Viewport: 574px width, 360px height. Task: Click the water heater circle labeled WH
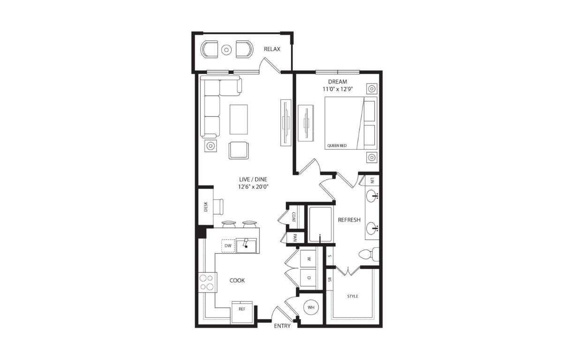(311, 307)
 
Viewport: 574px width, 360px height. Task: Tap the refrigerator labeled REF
(242, 312)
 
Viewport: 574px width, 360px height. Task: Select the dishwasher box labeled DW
(228, 246)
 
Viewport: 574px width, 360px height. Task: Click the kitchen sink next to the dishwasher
(246, 246)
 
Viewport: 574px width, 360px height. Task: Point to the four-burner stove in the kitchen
(208, 282)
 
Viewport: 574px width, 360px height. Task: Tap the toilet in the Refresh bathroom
(369, 254)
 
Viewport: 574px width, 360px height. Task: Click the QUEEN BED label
(337, 145)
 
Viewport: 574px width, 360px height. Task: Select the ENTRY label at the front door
(282, 326)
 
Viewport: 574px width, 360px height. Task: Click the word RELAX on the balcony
(272, 49)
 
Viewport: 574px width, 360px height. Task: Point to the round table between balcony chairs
(227, 50)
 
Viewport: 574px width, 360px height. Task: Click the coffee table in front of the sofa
(239, 119)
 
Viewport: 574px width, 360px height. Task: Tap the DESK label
(205, 207)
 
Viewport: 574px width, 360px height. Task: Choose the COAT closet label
(294, 217)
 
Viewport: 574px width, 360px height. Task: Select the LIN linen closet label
(372, 180)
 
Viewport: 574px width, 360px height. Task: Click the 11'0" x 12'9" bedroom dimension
(338, 89)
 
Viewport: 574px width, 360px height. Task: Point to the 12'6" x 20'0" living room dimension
(253, 187)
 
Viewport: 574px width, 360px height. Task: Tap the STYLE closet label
(353, 296)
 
